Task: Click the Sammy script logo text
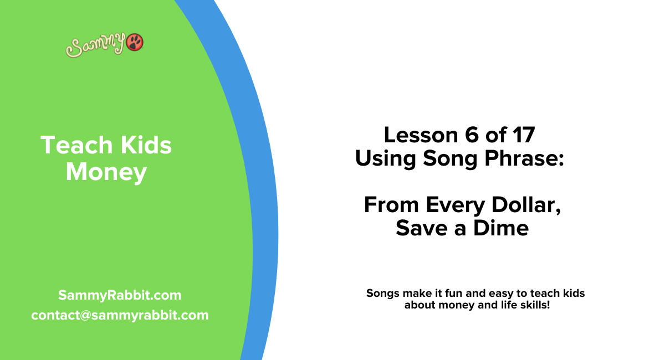[x=96, y=46]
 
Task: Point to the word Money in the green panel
[x=106, y=172]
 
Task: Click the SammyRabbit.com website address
[x=120, y=295]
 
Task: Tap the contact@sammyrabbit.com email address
[x=120, y=315]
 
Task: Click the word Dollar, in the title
[x=525, y=205]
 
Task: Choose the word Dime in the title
[x=502, y=228]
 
